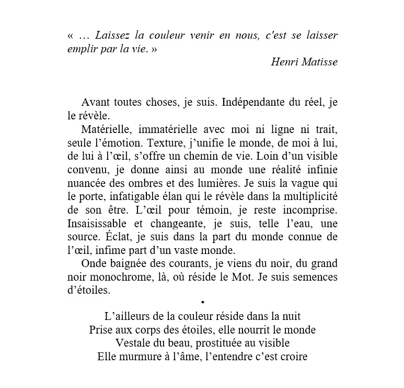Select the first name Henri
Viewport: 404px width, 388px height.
click(283, 62)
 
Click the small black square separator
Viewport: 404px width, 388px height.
click(202, 303)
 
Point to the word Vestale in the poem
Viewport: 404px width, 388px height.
click(132, 343)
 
